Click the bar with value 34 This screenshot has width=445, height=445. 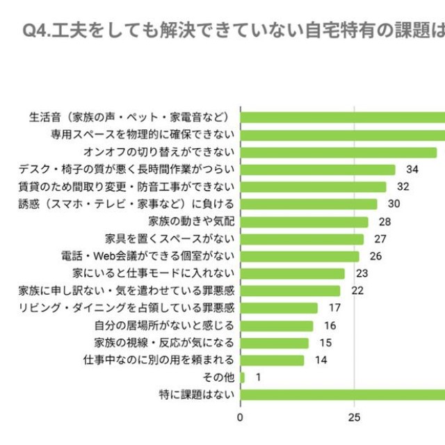pyautogui.click(x=318, y=170)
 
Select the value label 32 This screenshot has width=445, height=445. pyautogui.click(x=403, y=187)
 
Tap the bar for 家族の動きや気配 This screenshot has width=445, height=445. pyautogui.click(x=305, y=222)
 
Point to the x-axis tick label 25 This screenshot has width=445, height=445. pyautogui.click(x=354, y=418)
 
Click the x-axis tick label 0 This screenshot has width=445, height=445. pyautogui.click(x=241, y=418)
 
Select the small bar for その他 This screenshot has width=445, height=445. pyautogui.click(x=243, y=378)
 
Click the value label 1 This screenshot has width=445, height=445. pyautogui.click(x=258, y=378)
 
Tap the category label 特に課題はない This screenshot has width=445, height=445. pyautogui.click(x=197, y=395)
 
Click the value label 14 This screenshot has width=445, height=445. pyautogui.click(x=321, y=360)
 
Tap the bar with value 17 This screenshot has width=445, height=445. pyautogui.click(x=279, y=308)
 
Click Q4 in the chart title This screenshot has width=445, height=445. pyautogui.click(x=36, y=31)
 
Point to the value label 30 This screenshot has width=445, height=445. pyautogui.click(x=394, y=204)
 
